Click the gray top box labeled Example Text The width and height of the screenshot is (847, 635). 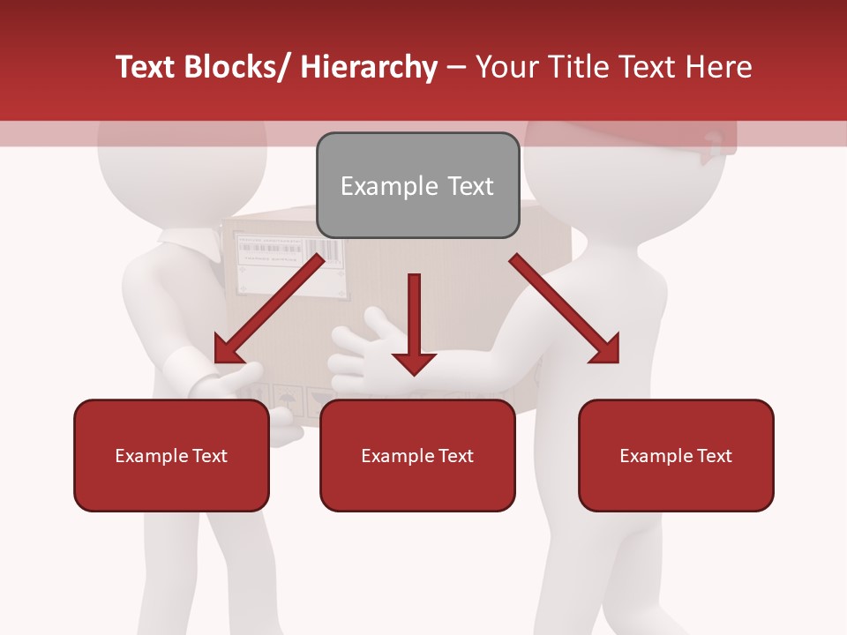click(x=417, y=185)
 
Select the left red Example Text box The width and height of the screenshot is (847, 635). click(x=171, y=455)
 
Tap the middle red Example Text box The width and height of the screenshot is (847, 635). click(x=417, y=455)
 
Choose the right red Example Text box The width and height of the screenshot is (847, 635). click(x=676, y=455)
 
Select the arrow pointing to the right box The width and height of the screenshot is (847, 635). click(x=565, y=309)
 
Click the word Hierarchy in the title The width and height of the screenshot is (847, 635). click(x=369, y=67)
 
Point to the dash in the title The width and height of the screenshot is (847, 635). click(x=456, y=67)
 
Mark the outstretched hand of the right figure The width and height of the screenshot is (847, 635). click(x=362, y=348)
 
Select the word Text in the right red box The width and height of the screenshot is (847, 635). click(x=714, y=455)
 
